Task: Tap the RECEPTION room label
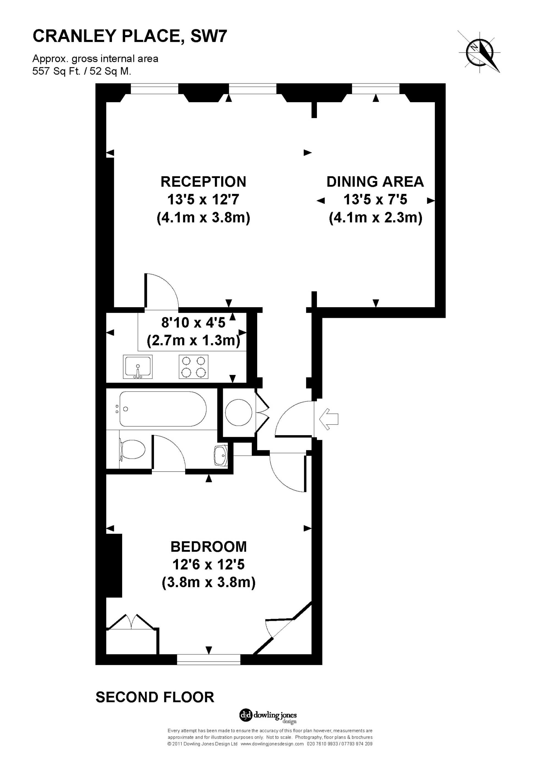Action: click(203, 182)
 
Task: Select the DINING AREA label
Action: click(375, 182)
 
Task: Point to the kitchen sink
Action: click(138, 367)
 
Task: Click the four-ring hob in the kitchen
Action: click(194, 367)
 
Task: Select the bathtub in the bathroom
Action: click(163, 409)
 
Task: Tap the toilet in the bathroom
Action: click(132, 450)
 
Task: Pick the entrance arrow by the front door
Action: click(329, 419)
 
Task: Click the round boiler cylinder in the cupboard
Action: click(239, 413)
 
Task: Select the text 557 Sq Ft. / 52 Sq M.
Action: click(82, 71)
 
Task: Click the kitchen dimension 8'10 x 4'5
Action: click(193, 323)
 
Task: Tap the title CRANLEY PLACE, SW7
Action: click(130, 36)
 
